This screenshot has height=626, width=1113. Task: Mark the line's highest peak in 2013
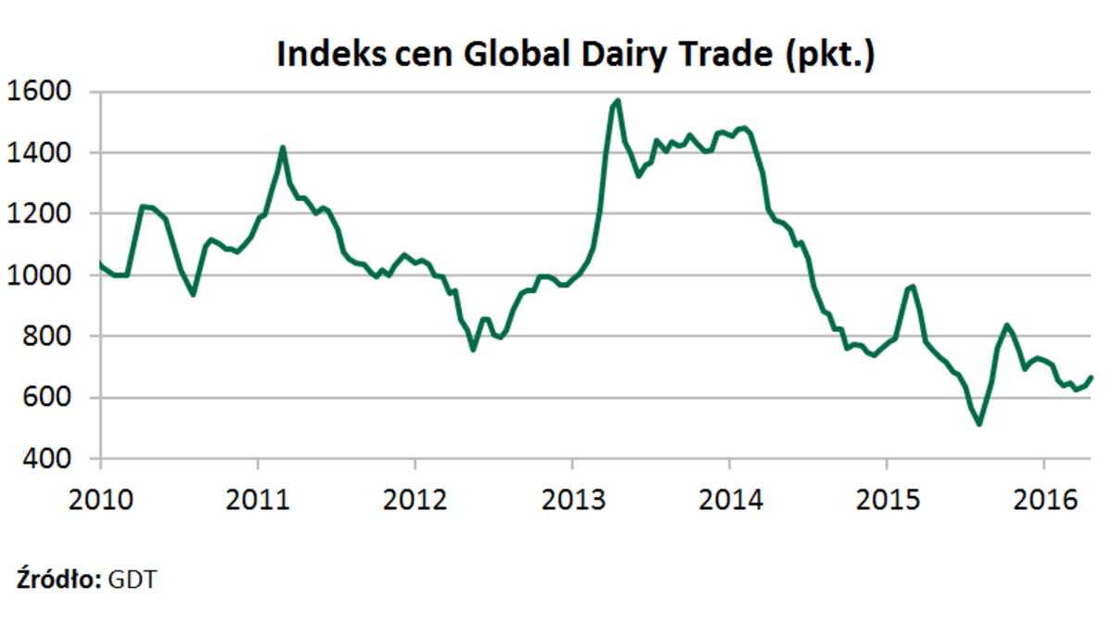coord(618,100)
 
